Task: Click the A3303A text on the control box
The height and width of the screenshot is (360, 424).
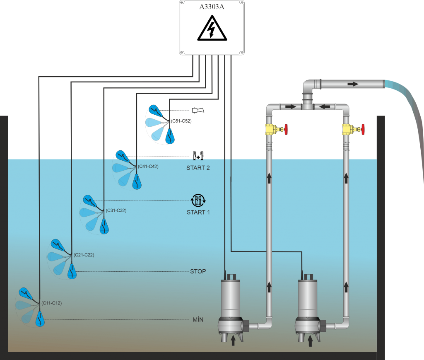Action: pos(212,7)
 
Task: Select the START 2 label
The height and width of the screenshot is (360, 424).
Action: pos(198,168)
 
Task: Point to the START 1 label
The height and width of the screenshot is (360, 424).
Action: pos(198,212)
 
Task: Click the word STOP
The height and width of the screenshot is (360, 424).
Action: pos(198,271)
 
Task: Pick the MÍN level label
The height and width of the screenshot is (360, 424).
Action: pos(198,320)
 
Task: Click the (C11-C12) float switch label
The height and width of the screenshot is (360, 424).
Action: pos(51,303)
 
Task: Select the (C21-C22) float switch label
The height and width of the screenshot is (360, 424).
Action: pos(84,255)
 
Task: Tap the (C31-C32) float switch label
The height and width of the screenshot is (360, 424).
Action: pos(116,210)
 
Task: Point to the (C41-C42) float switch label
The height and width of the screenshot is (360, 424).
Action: pos(148,166)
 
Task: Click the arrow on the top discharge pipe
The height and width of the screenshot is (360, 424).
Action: pos(353,84)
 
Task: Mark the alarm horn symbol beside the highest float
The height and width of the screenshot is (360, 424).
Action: pos(198,110)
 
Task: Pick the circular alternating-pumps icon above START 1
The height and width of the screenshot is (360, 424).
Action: pos(198,201)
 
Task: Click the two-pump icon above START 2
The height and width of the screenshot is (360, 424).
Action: pos(198,156)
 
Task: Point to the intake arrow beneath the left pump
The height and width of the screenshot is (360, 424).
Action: pos(233,340)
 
